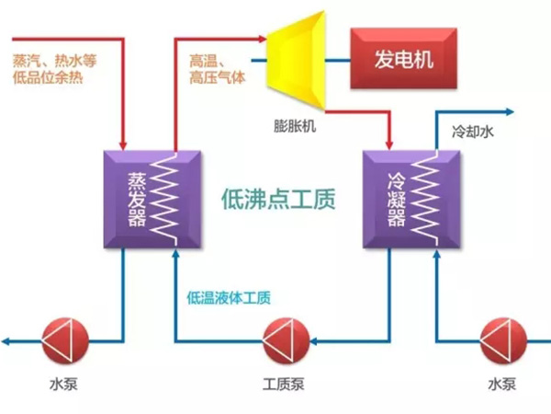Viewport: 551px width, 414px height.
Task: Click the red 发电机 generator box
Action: [402, 59]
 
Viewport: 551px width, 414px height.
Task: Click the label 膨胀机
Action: [295, 126]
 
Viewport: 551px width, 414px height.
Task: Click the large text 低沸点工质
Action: [279, 199]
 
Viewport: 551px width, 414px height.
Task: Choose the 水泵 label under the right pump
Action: [503, 384]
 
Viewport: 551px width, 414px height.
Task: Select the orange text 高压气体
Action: [218, 77]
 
